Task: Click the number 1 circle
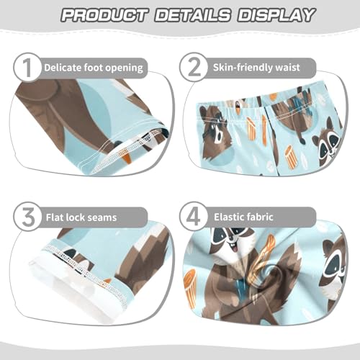coord(25,69)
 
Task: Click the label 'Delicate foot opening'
coord(94,68)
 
